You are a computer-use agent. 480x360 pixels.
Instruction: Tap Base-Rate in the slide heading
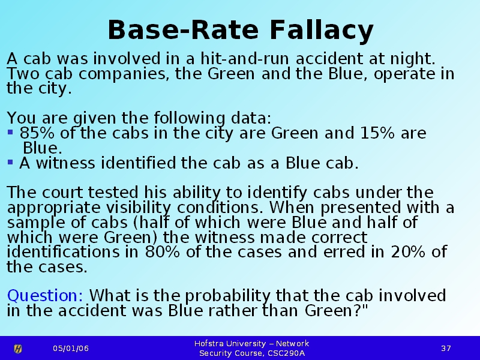tap(183, 29)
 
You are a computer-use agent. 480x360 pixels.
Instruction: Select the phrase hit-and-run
tap(245, 58)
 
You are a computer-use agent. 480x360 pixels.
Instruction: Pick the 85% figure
tap(37, 133)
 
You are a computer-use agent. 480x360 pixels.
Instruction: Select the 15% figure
tap(377, 133)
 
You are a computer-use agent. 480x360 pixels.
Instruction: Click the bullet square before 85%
tap(10, 132)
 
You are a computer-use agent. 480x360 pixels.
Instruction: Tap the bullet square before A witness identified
tap(10, 162)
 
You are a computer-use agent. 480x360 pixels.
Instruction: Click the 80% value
tap(162, 252)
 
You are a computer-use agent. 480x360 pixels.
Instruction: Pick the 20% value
tap(408, 252)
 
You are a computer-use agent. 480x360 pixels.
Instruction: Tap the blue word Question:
tap(45, 296)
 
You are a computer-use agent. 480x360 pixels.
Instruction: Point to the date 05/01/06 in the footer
tap(71, 349)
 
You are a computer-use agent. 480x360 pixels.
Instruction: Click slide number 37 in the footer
tap(446, 349)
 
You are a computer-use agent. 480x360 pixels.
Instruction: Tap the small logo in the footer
tap(18, 349)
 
